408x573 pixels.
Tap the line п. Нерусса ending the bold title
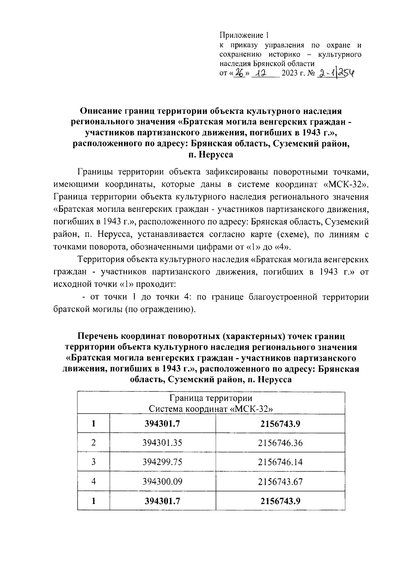coord(211,155)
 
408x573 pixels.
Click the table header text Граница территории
coord(211,398)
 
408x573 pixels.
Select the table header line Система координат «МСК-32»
coord(211,408)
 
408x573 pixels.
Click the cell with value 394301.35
coord(163,443)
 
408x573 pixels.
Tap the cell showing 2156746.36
coord(280,443)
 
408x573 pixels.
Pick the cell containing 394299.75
coord(163,462)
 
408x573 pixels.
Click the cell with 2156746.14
coord(280,462)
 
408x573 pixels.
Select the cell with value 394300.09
coord(163,482)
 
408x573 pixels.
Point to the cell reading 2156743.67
coord(280,482)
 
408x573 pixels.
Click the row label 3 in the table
coord(93,462)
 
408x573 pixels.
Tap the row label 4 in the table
coord(93,482)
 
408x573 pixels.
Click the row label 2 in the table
coord(93,443)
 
